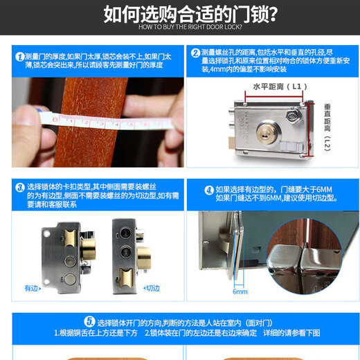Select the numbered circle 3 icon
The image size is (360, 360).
click(x=19, y=188)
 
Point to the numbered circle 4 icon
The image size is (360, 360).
click(x=208, y=189)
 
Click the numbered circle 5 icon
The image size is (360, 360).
click(x=89, y=322)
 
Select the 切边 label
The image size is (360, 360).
click(x=150, y=287)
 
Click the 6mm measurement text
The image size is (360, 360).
click(x=240, y=291)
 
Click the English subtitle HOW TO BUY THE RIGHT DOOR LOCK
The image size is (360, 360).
click(x=181, y=27)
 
